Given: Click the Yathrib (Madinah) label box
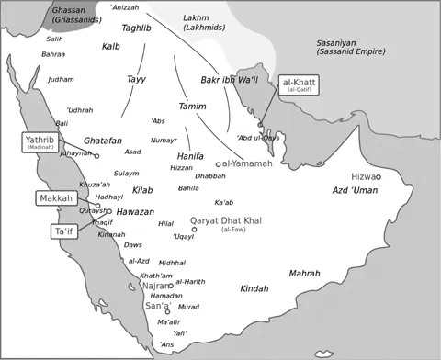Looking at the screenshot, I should (x=40, y=142).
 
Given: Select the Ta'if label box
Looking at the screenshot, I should (x=63, y=231).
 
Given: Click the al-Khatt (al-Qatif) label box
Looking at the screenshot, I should (x=297, y=85).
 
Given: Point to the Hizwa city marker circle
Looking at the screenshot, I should (x=378, y=177).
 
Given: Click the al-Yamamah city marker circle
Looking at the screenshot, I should (x=219, y=164).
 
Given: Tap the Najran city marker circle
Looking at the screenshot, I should (x=171, y=286).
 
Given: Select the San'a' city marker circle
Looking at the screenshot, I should (x=167, y=312).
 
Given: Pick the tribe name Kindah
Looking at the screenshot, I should (x=254, y=288).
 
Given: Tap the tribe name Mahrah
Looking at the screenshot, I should (x=304, y=273).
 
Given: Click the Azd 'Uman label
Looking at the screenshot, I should (x=355, y=190).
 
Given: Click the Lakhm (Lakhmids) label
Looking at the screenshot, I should (x=203, y=22).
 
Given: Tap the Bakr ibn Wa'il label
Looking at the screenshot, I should (x=229, y=81).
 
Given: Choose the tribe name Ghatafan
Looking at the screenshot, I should (x=102, y=141).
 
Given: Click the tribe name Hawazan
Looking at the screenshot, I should (x=135, y=211).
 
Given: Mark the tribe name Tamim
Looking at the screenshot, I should (x=192, y=107).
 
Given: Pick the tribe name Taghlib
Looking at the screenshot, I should (x=137, y=28).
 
